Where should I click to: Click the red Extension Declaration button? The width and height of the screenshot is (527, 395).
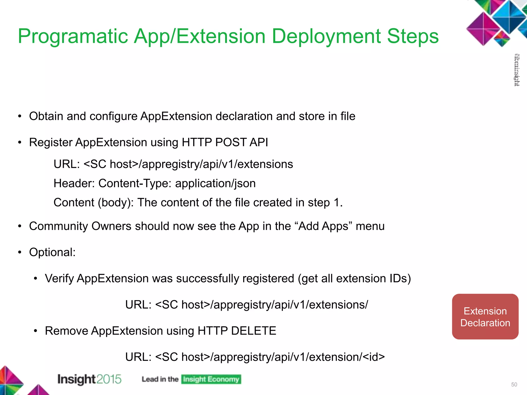(485, 317)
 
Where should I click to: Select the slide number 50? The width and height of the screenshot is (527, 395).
(514, 384)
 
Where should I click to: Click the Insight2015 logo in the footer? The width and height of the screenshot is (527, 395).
(89, 379)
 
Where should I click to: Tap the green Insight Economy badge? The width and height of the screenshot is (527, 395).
(211, 379)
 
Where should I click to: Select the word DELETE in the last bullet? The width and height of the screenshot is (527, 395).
(253, 331)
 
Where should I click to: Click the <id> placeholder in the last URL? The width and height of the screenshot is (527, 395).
(374, 357)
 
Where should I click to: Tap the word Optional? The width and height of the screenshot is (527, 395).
(52, 252)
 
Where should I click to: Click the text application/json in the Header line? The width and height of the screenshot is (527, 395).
(215, 183)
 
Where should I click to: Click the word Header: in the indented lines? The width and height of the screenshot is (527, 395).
(74, 183)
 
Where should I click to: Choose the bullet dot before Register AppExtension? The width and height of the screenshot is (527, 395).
(20, 142)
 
